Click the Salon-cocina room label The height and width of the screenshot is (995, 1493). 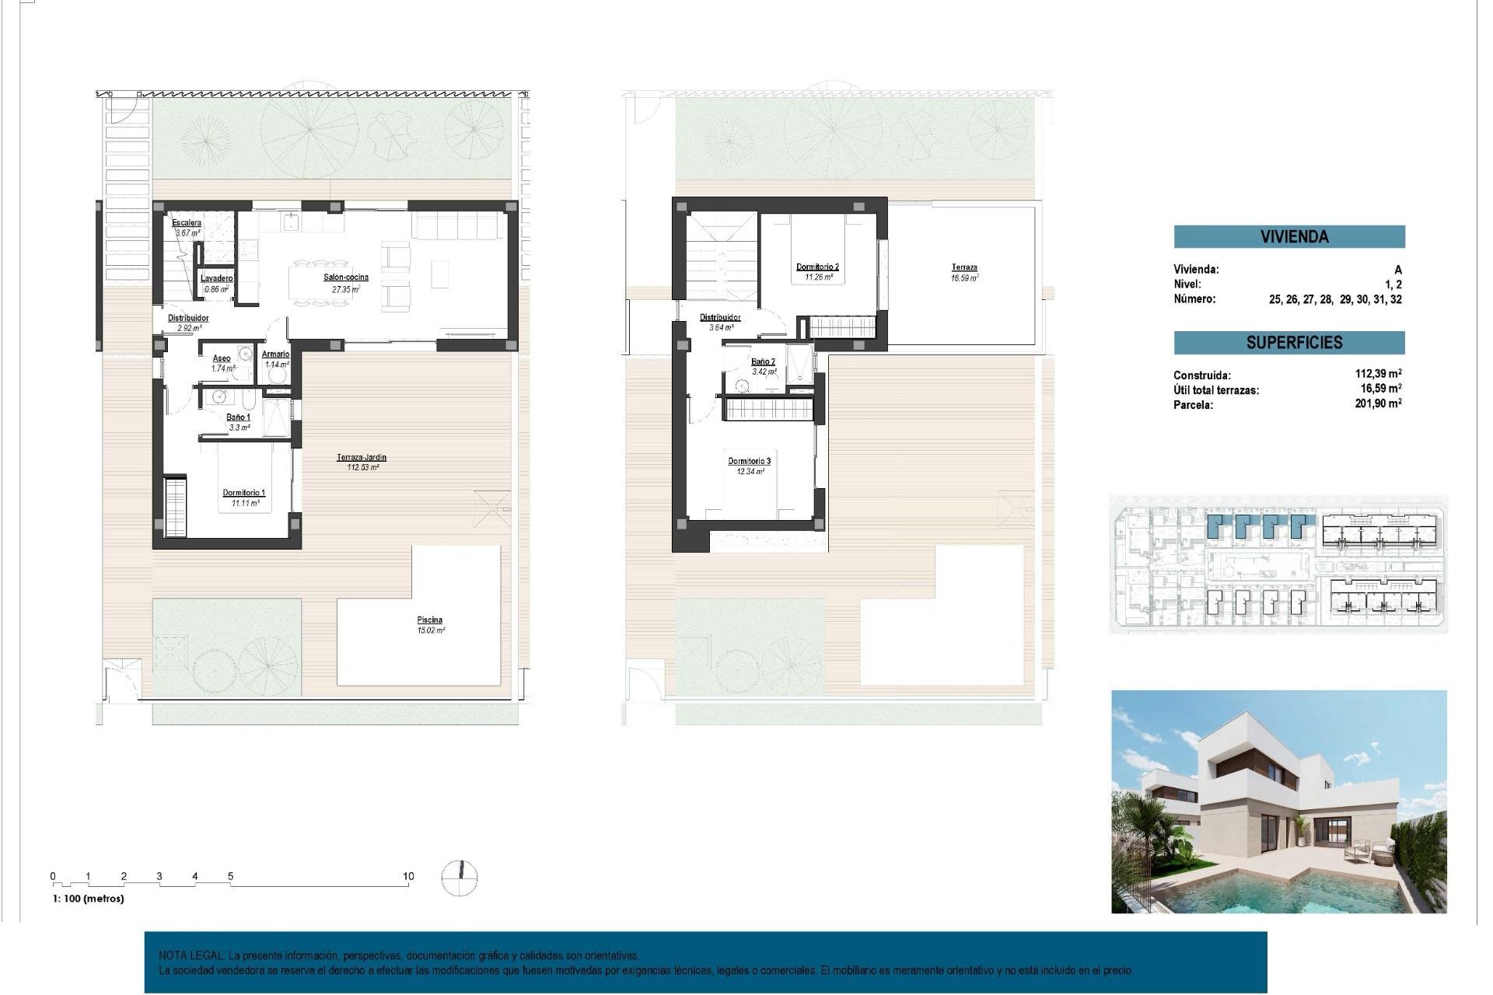coord(346,278)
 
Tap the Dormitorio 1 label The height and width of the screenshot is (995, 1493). coord(244,493)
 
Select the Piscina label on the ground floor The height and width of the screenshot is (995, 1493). coord(429,620)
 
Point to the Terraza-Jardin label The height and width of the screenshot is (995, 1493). coord(362,458)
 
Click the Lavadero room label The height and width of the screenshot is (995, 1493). coord(216,278)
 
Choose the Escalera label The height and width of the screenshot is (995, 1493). coord(187,223)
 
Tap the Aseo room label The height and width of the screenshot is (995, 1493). coord(222,358)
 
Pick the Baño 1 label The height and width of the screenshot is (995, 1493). coord(239,417)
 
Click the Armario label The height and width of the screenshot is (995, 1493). coord(276,354)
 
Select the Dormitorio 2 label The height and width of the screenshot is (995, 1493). coord(817,267)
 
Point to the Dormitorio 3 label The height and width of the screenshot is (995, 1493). coord(750,462)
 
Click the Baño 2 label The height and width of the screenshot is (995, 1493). coord(763,361)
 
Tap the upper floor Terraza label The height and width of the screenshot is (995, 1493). coord(964,267)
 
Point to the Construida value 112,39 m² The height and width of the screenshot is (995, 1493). coord(1378,374)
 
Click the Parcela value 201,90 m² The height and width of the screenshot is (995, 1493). coord(1378,403)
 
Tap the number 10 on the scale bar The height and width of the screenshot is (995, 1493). coord(408,876)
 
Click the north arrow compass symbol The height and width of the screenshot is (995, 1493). coord(460,878)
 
